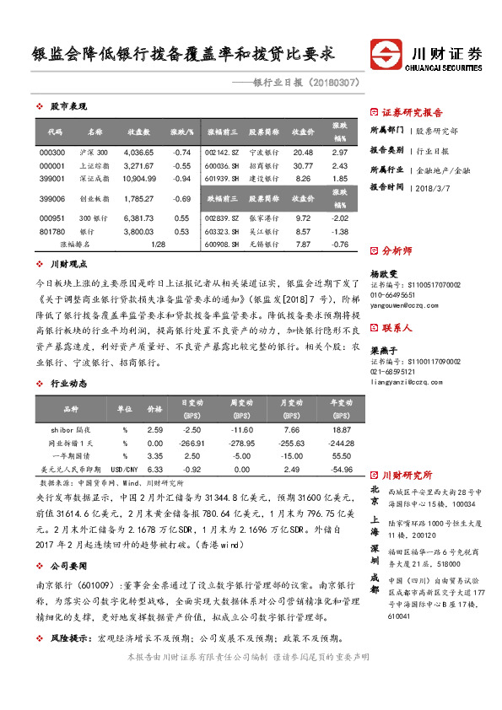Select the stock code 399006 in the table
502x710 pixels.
coord(52,198)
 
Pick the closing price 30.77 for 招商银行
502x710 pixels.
coord(302,166)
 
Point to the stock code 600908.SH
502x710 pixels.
coord(223,245)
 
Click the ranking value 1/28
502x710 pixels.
coord(157,245)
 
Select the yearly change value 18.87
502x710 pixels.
coord(340,430)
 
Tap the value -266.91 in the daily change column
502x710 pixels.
coord(192,443)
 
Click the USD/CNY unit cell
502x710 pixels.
coord(124,469)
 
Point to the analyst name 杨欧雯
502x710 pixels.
coord(383,274)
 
